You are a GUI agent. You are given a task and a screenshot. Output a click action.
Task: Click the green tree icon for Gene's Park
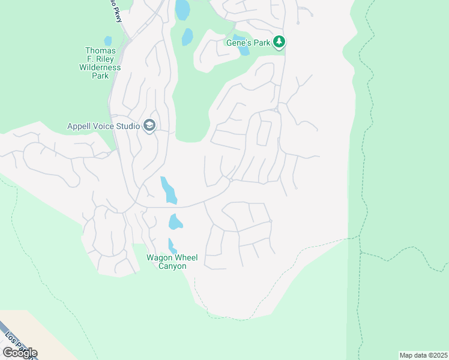[x=279, y=42]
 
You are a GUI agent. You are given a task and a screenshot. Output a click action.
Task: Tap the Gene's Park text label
[x=248, y=43]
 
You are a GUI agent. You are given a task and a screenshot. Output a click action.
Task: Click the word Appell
[x=80, y=126]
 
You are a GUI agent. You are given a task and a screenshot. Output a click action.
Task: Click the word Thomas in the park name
[x=100, y=51]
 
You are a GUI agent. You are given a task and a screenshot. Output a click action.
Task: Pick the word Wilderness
[x=100, y=68]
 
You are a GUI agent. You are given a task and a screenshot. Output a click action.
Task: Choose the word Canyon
[x=171, y=266]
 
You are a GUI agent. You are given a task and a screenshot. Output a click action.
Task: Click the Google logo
[x=20, y=352]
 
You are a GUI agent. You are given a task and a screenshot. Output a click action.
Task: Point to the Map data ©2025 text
[x=423, y=355]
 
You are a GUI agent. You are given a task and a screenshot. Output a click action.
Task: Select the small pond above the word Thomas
[x=108, y=41]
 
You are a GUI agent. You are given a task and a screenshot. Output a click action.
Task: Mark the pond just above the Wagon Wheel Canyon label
[x=172, y=245]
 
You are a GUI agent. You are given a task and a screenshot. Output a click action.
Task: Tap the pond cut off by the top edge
[x=182, y=9]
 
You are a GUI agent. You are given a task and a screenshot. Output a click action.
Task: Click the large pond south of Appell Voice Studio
[x=169, y=190]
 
